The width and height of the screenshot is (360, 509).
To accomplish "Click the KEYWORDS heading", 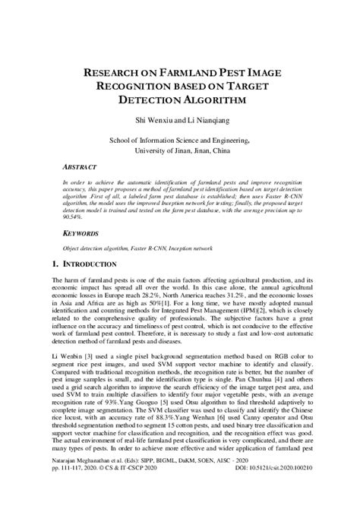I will pyautogui.click(x=82, y=236).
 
